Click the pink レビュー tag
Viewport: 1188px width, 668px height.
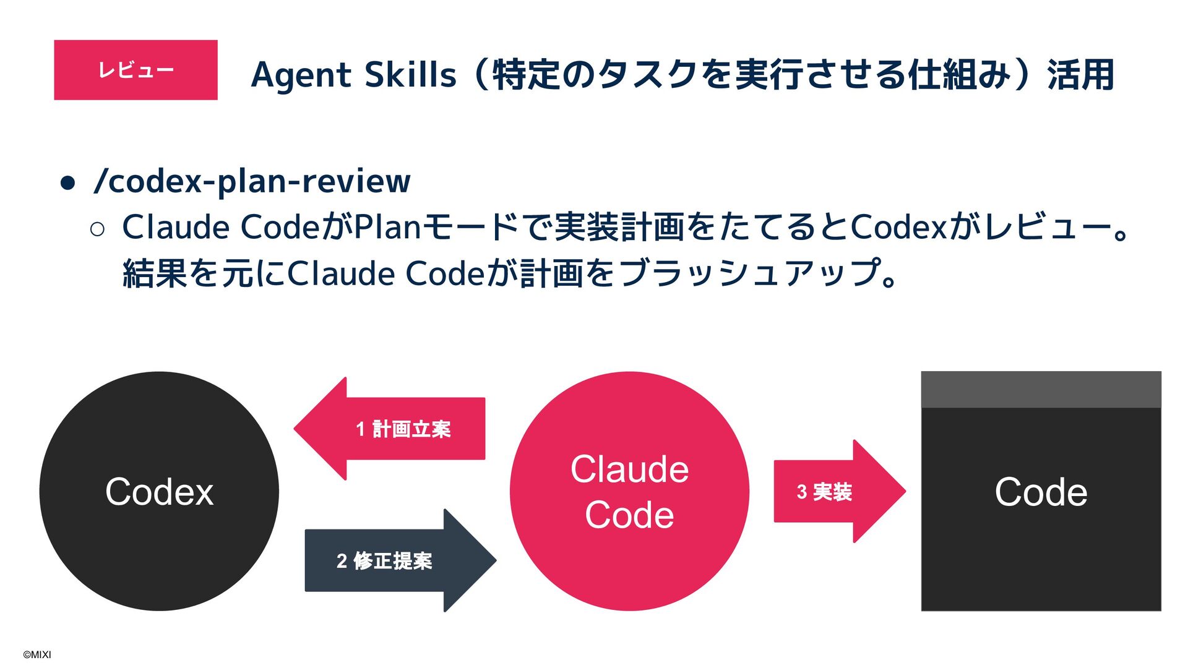pyautogui.click(x=136, y=70)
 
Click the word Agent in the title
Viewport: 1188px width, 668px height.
pyautogui.click(x=301, y=75)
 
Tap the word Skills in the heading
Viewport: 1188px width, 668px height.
pyautogui.click(x=410, y=75)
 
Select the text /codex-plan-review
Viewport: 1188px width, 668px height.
pyautogui.click(x=252, y=181)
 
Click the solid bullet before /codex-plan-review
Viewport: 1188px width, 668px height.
pyautogui.click(x=67, y=182)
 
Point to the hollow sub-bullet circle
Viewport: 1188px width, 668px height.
pyautogui.click(x=97, y=229)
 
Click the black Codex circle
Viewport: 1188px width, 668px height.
pyautogui.click(x=159, y=491)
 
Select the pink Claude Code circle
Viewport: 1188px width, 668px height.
pyautogui.click(x=629, y=491)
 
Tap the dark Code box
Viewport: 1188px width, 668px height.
pyautogui.click(x=1041, y=507)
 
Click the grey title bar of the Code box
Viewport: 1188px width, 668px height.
pyautogui.click(x=1041, y=389)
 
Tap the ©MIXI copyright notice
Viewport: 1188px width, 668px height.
pyautogui.click(x=37, y=654)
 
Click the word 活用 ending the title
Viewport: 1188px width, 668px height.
pyautogui.click(x=1080, y=75)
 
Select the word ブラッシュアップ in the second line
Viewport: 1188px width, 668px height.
pyautogui.click(x=749, y=273)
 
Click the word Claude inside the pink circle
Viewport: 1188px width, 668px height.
pyautogui.click(x=629, y=469)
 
